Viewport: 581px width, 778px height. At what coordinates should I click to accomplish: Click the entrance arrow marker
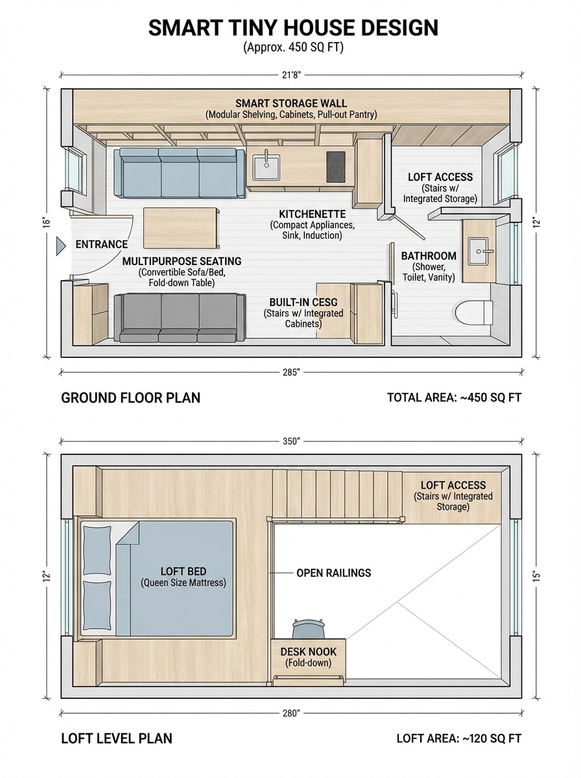[60, 245]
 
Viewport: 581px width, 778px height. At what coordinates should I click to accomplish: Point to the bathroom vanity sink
[479, 249]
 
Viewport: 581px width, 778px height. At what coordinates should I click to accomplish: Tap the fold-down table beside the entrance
[180, 227]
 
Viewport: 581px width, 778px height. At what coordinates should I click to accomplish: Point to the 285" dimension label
[291, 372]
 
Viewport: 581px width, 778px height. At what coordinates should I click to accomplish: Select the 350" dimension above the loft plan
[291, 442]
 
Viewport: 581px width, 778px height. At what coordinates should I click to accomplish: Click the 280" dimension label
[291, 713]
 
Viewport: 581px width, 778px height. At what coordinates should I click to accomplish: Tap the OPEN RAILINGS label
[333, 573]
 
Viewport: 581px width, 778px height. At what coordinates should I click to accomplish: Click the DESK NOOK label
[308, 652]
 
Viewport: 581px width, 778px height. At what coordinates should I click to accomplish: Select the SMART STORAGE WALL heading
[291, 103]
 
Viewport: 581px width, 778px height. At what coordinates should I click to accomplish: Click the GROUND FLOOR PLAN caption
[130, 397]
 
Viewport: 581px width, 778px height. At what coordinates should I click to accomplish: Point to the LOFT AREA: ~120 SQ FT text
[458, 738]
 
